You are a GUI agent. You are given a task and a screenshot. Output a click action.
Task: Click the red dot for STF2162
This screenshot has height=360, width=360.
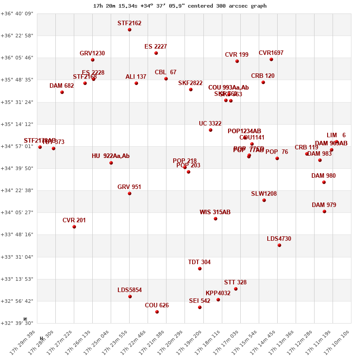tap(130, 30)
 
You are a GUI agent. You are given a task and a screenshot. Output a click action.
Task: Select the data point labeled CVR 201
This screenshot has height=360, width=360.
tap(74, 227)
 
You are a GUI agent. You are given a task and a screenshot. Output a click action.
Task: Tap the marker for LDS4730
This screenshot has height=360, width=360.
tap(279, 245)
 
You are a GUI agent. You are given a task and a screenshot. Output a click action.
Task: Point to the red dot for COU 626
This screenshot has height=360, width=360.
tap(157, 312)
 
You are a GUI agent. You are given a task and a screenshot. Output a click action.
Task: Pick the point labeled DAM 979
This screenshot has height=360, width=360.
tap(324, 211)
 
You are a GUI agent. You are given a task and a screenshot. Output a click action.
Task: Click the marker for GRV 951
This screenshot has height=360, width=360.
tap(130, 193)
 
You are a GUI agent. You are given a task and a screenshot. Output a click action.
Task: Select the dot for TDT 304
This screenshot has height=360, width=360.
tap(200, 269)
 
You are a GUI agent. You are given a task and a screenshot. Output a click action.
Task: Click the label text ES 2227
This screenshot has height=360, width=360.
tap(156, 46)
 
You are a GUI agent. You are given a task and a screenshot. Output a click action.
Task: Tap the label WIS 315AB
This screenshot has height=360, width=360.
tap(215, 212)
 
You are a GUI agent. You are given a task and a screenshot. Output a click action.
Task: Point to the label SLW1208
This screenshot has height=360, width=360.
tap(264, 193)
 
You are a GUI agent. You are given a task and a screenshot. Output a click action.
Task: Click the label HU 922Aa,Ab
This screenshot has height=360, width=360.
tap(111, 156)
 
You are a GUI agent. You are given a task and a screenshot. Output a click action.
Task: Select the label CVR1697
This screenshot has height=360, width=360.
tap(271, 53)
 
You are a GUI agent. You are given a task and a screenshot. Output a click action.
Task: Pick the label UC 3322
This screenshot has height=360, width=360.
tap(210, 123)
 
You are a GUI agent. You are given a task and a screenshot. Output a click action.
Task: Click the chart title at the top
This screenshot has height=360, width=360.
tap(180, 6)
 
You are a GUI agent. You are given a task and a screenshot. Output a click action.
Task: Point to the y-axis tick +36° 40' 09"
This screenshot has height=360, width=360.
tap(17, 13)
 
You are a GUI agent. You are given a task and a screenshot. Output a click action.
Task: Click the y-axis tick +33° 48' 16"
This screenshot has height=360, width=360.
tap(17, 234)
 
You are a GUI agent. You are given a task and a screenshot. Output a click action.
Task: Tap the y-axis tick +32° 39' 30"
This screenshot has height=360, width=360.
tap(17, 323)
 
